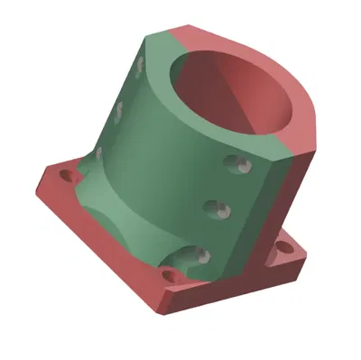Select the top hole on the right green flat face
pos(239,164)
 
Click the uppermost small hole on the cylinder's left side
pos(141,65)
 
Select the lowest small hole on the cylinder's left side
pos(98,153)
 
